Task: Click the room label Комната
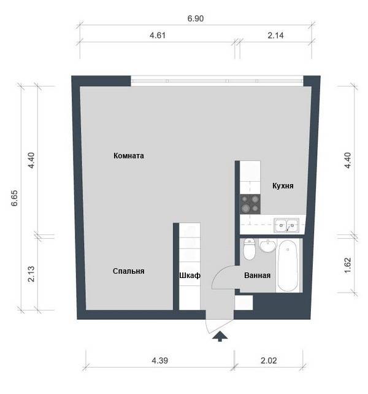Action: coord(129,156)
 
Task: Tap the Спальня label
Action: coord(128,271)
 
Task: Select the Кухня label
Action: coord(283,186)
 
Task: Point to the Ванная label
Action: coord(257,276)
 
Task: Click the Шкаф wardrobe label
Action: coord(190,276)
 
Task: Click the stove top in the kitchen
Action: coord(250,204)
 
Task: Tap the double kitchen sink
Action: coord(286,225)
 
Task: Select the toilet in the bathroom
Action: coord(249,249)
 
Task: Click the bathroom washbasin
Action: coord(268,246)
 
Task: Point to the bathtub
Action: coord(288,265)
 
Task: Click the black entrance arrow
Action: coord(220,336)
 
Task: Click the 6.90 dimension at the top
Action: coord(196,18)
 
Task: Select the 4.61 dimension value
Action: coord(158,36)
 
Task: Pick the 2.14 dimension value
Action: coord(275,36)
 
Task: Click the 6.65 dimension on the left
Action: coord(15,198)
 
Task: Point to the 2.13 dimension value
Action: coord(31,274)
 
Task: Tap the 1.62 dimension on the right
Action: coord(348,265)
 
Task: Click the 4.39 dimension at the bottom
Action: coord(159,361)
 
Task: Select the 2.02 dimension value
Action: coord(269,361)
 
